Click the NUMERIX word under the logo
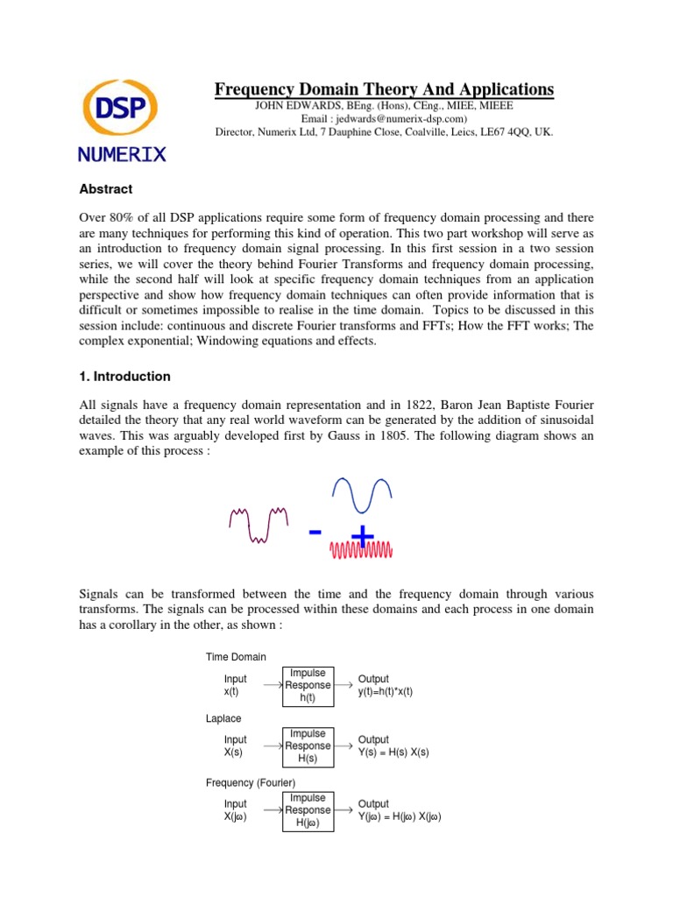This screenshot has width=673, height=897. (121, 154)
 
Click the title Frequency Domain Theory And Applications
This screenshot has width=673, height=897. (385, 89)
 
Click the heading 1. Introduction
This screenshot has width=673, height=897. (124, 377)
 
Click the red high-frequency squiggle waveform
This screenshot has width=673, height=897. (361, 550)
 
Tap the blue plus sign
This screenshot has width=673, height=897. (362, 535)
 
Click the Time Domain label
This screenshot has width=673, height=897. (236, 657)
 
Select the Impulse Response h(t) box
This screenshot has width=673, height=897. (307, 685)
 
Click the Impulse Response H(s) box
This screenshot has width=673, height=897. (307, 746)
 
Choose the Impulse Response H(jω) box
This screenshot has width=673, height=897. (307, 810)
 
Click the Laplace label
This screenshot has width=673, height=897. (223, 718)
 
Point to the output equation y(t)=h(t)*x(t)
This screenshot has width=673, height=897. (386, 691)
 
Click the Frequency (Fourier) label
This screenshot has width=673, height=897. (251, 782)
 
